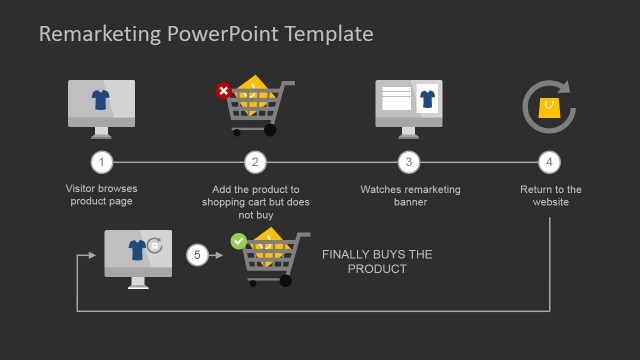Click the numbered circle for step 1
pos(100,161)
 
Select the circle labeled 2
pos(255,161)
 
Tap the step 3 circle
pos(407,161)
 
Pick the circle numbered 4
pos(549,161)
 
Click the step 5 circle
pos(197,255)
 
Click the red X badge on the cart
pos(223,91)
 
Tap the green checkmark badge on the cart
pos(238,241)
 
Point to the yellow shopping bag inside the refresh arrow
pos(549,107)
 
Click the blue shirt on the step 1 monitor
pos(100,99)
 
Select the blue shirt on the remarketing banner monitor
pos(428,99)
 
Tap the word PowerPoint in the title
pos(220,34)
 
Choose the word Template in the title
pos(329,34)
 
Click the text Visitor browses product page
pos(101,195)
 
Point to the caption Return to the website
pos(551,195)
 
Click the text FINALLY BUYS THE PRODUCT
pos(377,262)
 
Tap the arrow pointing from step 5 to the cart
pos(216,255)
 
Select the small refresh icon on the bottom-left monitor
pos(154,244)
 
